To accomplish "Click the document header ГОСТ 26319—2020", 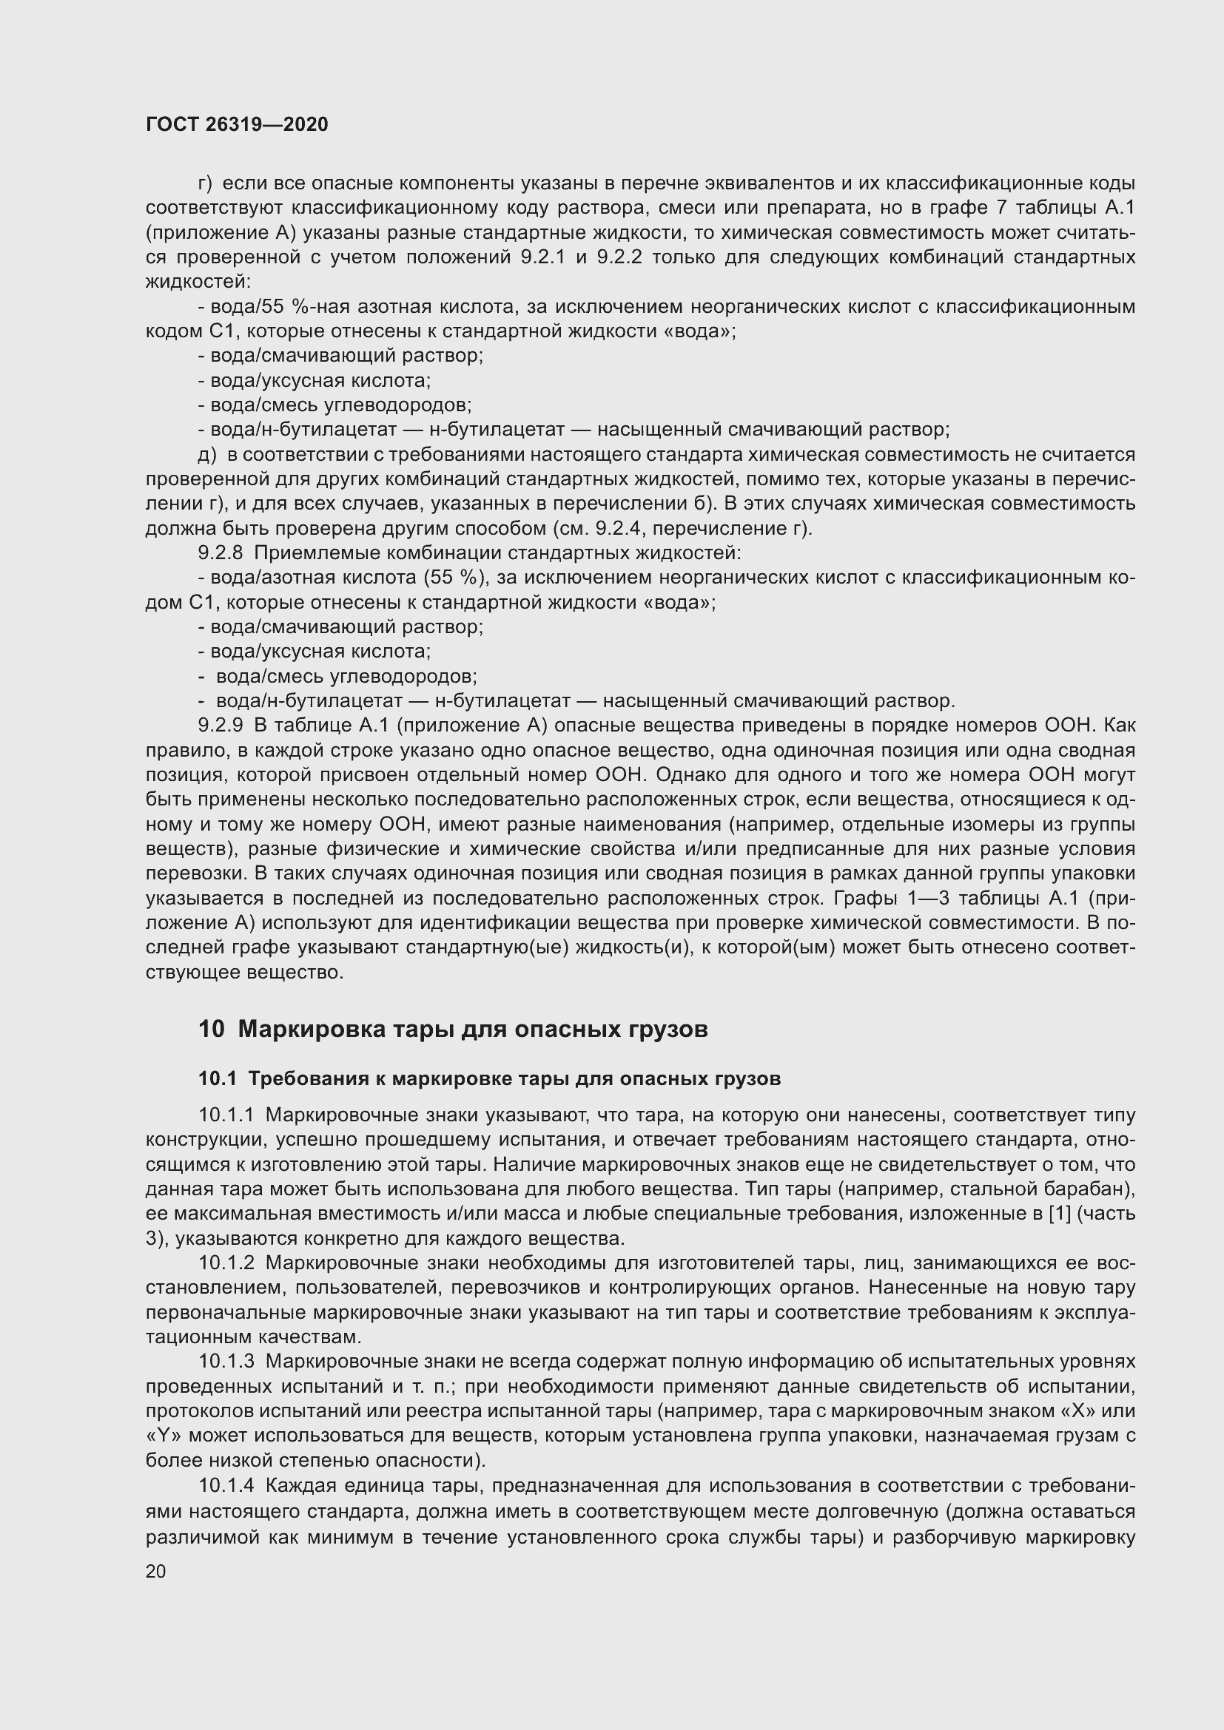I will tap(237, 124).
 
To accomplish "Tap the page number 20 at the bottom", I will tap(155, 1571).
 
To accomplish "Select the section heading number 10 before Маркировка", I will tap(211, 1030).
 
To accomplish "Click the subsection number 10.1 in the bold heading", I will tap(217, 1079).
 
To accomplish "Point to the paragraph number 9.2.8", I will tap(220, 553).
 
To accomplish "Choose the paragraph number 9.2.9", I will tap(220, 726).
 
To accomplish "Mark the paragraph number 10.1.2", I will tap(227, 1263).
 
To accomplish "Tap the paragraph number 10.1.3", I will tap(227, 1362).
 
